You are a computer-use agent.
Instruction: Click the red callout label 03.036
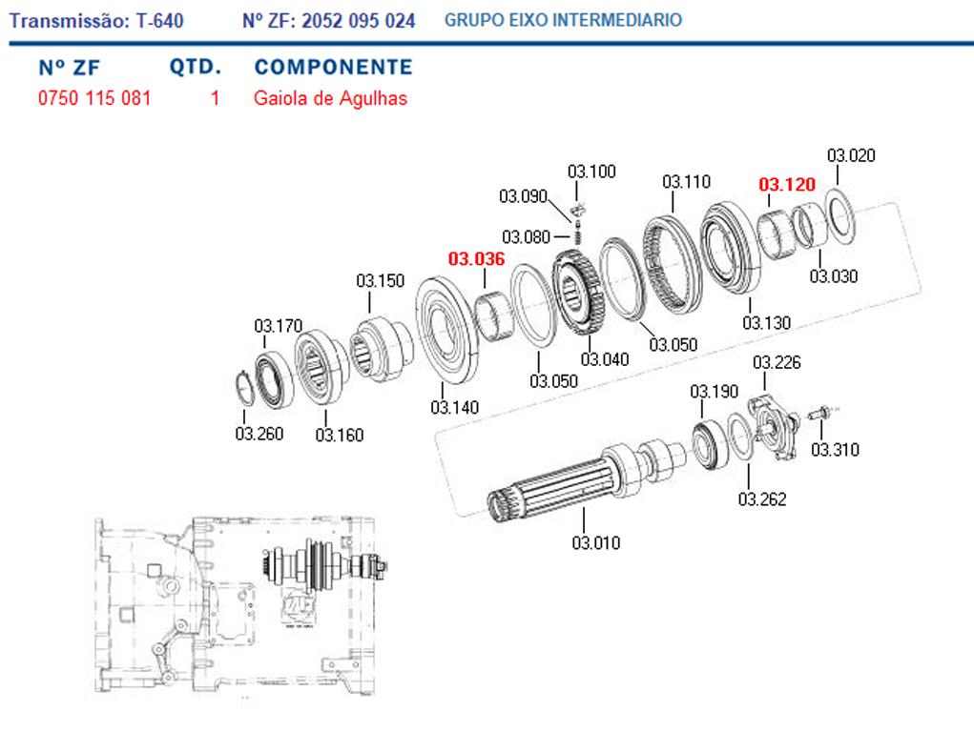(476, 258)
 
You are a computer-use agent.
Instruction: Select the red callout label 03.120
(787, 185)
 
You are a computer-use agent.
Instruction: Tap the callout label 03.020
(851, 155)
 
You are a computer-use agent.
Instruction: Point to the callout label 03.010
(596, 543)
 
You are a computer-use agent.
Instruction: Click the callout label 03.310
(836, 450)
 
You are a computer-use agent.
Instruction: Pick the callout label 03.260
(259, 435)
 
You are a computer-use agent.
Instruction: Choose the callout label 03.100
(592, 172)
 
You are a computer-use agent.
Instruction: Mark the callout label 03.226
(777, 362)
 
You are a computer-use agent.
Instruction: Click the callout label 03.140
(454, 407)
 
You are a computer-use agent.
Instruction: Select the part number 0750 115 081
(94, 98)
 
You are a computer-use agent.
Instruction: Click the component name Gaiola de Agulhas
(330, 98)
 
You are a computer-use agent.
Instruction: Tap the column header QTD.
(196, 68)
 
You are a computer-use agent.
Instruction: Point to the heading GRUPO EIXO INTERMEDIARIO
(563, 20)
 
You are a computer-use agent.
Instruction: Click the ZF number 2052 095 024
(358, 20)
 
